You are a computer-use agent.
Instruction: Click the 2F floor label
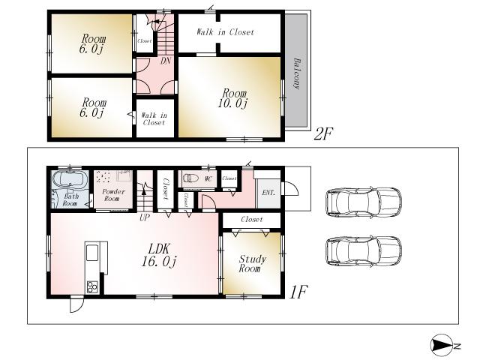tap(323, 134)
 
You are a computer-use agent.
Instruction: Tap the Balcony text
tap(297, 73)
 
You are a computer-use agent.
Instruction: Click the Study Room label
tap(251, 264)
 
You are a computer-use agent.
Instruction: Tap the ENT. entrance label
tap(268, 192)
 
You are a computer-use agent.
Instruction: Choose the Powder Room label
tap(111, 195)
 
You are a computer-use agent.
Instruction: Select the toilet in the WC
tap(192, 179)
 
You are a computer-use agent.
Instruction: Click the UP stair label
tap(144, 217)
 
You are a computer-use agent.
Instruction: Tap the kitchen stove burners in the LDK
tap(93, 286)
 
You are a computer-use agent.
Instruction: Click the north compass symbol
tap(442, 345)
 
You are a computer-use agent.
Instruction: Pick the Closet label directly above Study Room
tap(252, 220)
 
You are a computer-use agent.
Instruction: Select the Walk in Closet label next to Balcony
tap(225, 32)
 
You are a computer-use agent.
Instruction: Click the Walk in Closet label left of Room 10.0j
tap(153, 118)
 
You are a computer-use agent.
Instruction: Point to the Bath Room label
tap(70, 199)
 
